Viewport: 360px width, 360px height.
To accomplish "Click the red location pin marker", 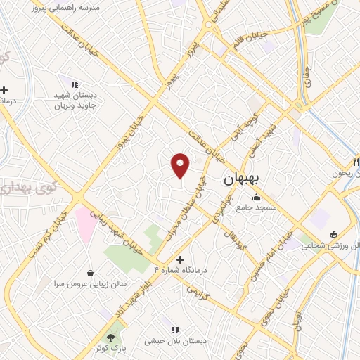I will pos(181,165).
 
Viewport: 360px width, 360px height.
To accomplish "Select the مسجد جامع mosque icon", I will pos(256,197).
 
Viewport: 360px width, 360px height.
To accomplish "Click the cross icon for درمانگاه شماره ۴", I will pos(181,259).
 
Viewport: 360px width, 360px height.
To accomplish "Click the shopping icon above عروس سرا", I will pos(90,272).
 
